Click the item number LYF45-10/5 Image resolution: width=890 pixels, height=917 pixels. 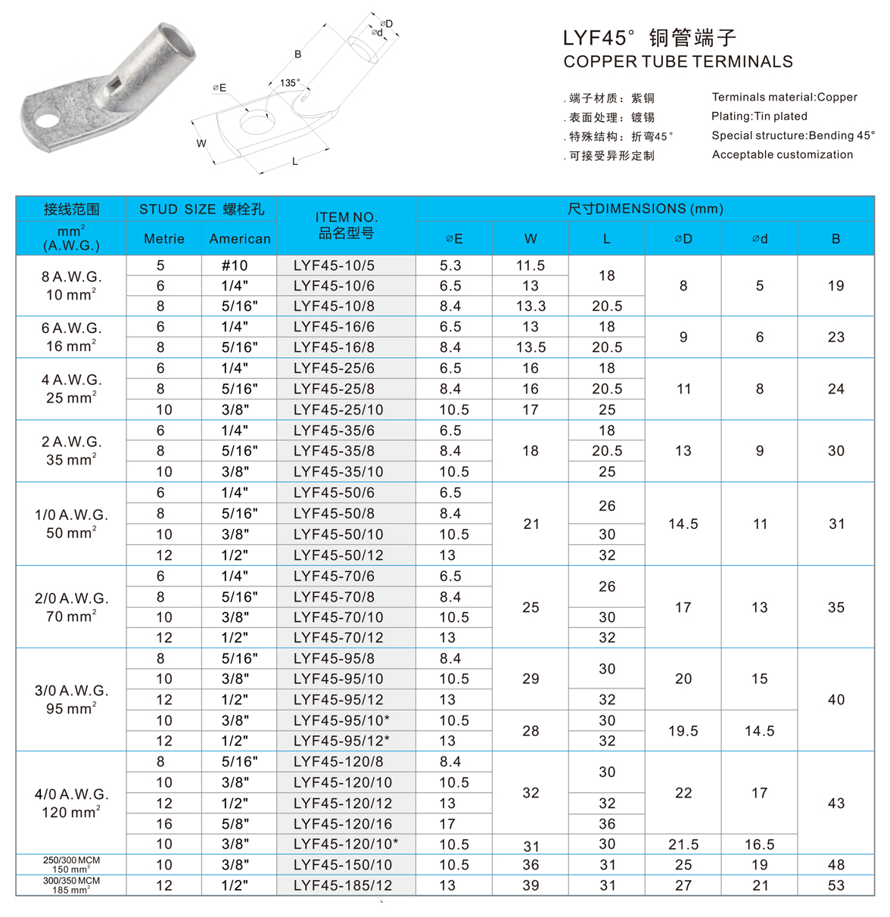(334, 266)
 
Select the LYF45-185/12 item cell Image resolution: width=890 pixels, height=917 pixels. (343, 885)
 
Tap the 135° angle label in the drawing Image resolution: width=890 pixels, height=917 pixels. (290, 83)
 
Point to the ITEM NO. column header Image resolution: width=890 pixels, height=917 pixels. (346, 225)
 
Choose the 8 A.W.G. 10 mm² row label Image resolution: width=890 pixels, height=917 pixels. (71, 286)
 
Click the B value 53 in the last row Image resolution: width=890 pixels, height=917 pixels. (836, 885)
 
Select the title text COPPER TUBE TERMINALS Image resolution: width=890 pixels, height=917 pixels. (678, 62)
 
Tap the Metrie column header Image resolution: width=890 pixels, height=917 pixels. (164, 239)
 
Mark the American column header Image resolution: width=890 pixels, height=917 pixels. (240, 239)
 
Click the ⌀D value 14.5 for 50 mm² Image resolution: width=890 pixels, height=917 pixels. (683, 524)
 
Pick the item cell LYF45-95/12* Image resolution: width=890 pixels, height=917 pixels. (341, 741)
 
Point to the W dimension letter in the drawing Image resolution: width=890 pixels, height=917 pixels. (201, 144)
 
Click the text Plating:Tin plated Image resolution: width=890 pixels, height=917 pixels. (759, 117)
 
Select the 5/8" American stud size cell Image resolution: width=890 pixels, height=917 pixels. (235, 824)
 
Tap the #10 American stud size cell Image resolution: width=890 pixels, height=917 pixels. (235, 266)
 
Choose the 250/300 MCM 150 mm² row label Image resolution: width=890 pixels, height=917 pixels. (71, 865)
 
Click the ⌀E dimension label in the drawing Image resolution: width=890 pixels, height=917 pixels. (219, 89)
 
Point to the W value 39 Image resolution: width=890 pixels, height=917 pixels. (531, 885)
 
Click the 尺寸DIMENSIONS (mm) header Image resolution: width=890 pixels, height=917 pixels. (645, 209)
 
